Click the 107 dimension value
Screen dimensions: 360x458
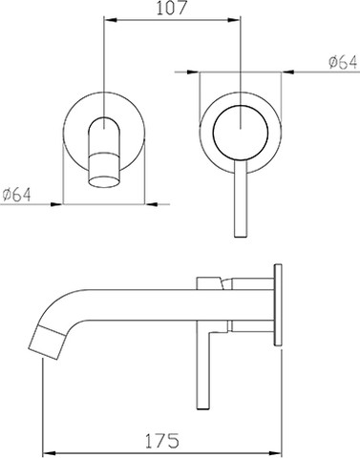pyautogui.click(x=171, y=8)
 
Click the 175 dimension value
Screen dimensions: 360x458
pyautogui.click(x=162, y=441)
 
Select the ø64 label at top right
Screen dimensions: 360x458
pyautogui.click(x=343, y=62)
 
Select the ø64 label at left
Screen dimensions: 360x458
pyautogui.click(x=17, y=195)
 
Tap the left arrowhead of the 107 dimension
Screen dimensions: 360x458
pyautogui.click(x=111, y=20)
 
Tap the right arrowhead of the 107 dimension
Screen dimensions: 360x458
pyautogui.click(x=232, y=20)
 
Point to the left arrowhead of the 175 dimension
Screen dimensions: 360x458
pyautogui.click(x=50, y=452)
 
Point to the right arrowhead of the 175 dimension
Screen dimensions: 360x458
pyautogui.click(x=275, y=452)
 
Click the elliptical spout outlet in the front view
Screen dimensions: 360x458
pyautogui.click(x=104, y=181)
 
